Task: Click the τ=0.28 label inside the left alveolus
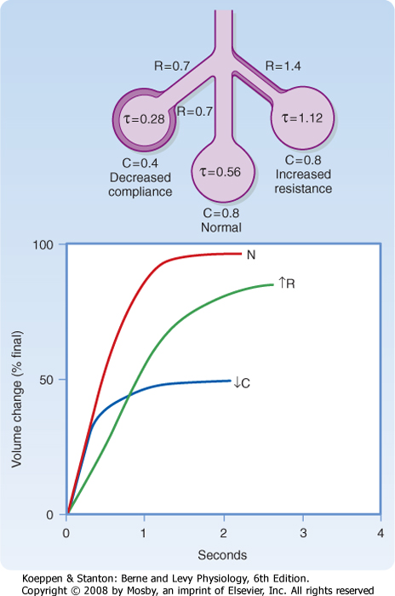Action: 144,119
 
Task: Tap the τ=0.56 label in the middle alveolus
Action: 220,172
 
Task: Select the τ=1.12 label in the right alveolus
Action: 302,117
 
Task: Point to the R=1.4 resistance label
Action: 283,66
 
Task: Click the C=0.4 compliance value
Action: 140,163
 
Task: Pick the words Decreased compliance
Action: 140,185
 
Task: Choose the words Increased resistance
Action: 303,181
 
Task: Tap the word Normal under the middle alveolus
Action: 221,227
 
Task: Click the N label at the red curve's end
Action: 251,255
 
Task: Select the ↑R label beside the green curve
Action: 287,284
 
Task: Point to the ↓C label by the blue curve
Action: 242,382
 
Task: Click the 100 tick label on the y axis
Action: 43,244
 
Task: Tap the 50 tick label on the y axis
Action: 46,380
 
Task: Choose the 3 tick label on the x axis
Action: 303,533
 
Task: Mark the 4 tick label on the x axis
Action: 381,533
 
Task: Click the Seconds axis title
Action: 222,555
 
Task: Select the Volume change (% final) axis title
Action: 17,399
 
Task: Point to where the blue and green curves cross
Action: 129,396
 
